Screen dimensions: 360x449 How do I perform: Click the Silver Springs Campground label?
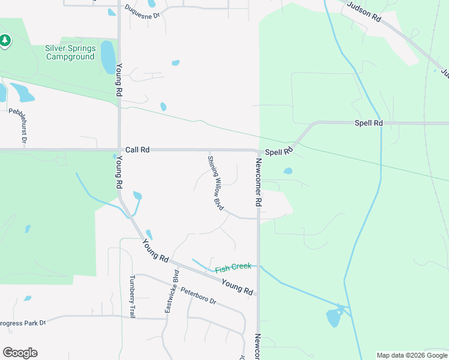pos(70,52)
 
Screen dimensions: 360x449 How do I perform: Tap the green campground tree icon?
pos(5,41)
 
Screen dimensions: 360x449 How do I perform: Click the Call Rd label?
pos(137,149)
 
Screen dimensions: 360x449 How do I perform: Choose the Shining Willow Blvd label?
pos(215,183)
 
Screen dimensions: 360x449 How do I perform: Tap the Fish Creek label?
pos(233,266)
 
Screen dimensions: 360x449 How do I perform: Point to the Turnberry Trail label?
pos(133,296)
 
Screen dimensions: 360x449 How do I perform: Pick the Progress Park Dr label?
pos(23,323)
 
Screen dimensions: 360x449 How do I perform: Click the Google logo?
pos(20,352)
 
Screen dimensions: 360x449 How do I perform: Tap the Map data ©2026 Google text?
pos(412,355)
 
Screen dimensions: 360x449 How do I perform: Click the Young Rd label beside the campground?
pos(119,81)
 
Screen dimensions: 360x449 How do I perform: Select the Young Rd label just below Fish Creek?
pos(237,287)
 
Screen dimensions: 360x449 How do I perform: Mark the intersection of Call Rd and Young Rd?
pos(119,149)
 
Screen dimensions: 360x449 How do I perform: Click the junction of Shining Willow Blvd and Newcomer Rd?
pos(258,218)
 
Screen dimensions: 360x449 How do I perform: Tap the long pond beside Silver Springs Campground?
pos(108,56)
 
